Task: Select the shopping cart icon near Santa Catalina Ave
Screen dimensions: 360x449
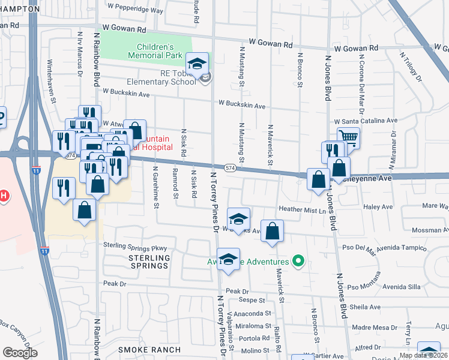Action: click(x=348, y=137)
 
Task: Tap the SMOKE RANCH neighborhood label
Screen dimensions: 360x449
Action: click(x=149, y=350)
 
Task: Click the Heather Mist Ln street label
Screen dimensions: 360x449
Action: click(x=306, y=209)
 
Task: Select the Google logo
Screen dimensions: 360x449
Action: click(x=20, y=353)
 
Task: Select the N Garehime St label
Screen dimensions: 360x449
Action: click(x=155, y=187)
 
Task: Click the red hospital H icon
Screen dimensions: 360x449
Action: click(x=4, y=196)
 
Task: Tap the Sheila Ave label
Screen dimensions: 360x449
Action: click(x=365, y=307)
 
